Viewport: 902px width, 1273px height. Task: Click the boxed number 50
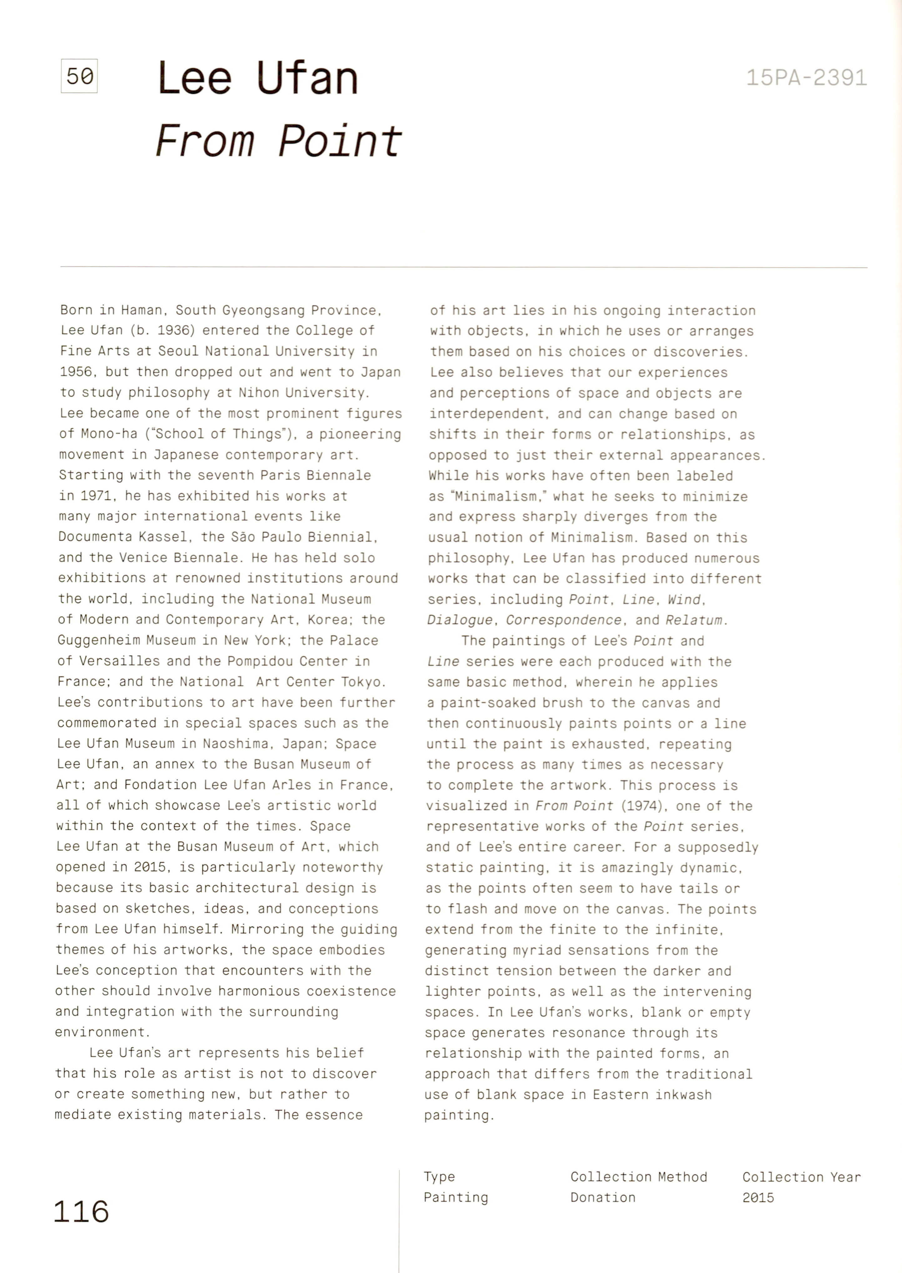(79, 76)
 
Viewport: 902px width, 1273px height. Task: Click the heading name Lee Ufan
(258, 78)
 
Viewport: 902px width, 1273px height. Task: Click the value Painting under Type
(456, 1197)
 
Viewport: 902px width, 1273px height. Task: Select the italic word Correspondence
(563, 620)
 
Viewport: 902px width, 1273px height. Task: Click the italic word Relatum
(694, 620)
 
